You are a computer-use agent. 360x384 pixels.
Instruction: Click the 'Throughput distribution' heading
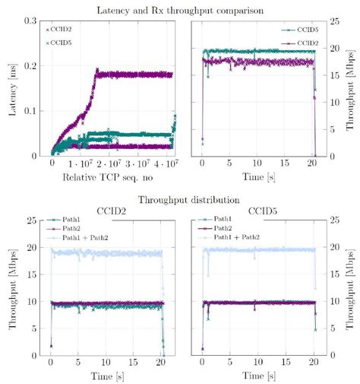click(x=179, y=202)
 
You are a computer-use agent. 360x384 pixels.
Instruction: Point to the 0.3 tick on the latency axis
click(x=32, y=20)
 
